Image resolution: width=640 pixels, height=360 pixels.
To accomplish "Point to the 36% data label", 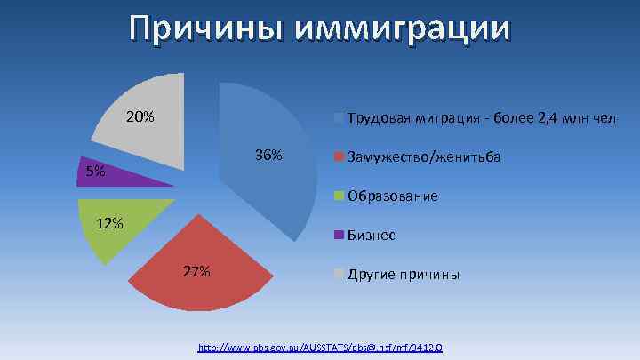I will coord(268,156).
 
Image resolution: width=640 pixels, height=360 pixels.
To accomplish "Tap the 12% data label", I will coord(109,223).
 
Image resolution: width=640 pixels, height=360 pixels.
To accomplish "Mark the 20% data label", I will coord(140,116).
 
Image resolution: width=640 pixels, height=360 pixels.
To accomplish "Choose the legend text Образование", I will coord(392,196).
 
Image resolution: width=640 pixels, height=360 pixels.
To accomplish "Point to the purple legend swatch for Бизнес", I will coord(338,236).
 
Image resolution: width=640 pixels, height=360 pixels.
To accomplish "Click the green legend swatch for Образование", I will coord(338,196).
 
